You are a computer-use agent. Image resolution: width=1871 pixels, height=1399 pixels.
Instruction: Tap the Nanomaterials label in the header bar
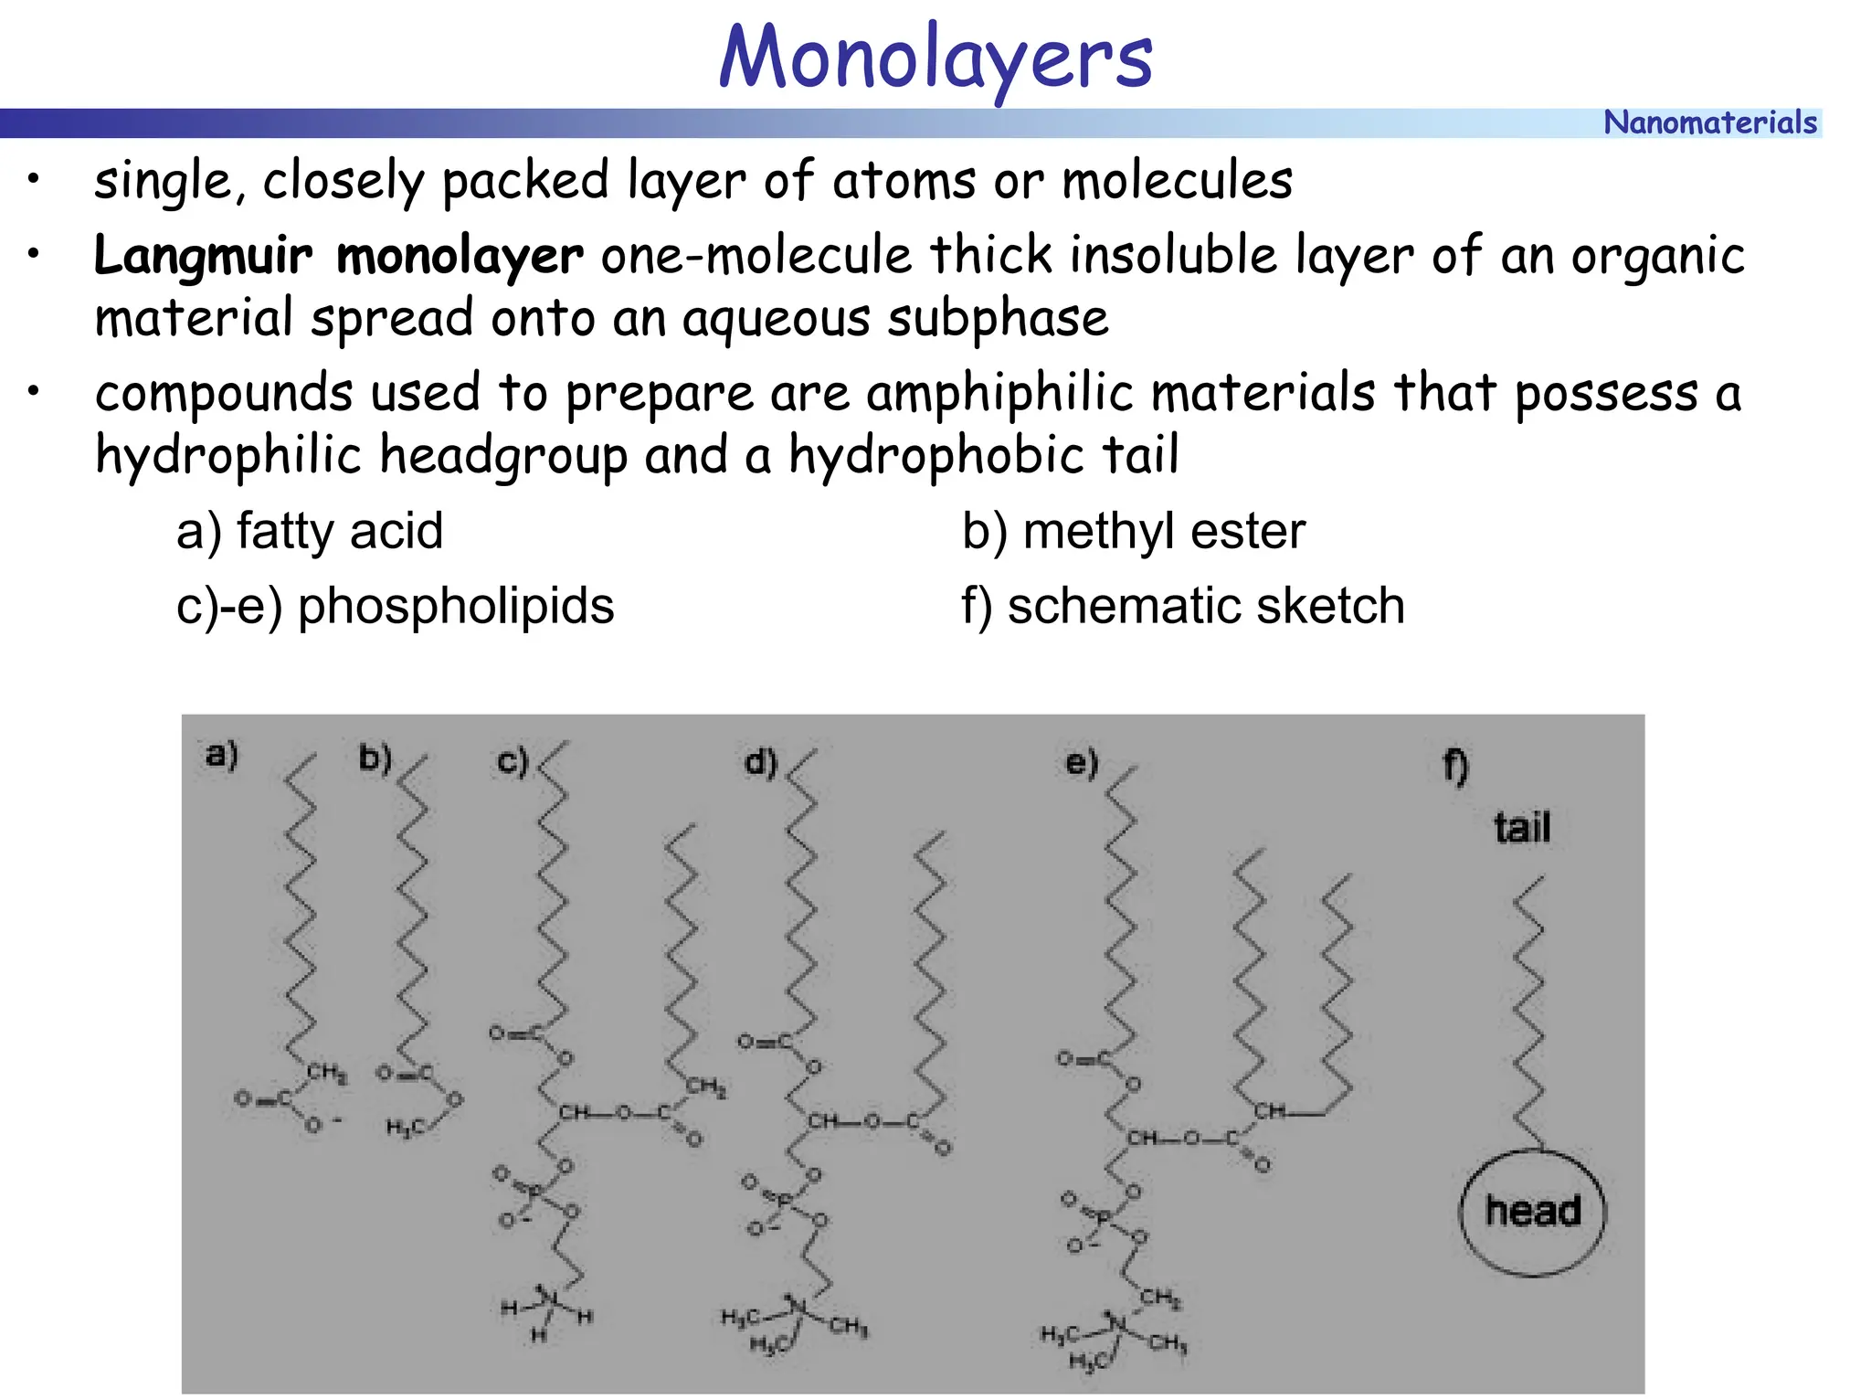(1709, 122)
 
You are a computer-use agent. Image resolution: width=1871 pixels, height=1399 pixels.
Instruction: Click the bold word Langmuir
(203, 255)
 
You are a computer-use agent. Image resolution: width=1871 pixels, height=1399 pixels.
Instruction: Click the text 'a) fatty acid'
(310, 531)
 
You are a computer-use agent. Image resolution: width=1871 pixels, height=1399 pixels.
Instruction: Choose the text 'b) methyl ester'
(1133, 531)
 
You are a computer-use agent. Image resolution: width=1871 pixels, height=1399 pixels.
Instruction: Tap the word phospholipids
(456, 606)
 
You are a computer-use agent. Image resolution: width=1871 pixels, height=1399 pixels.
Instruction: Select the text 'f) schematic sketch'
(1182, 606)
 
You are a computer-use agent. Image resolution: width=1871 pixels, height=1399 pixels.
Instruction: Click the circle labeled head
(1532, 1212)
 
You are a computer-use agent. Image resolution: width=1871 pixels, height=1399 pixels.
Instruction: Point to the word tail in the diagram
(1522, 828)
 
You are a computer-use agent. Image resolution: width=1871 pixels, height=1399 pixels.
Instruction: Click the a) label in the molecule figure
(222, 755)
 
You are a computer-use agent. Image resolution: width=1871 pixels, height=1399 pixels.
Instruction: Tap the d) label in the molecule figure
(760, 762)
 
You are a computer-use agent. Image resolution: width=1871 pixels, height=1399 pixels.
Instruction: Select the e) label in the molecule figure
(1082, 762)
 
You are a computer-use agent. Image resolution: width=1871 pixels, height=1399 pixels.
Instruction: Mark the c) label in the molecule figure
(513, 760)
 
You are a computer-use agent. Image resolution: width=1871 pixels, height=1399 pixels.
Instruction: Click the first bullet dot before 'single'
(34, 179)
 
